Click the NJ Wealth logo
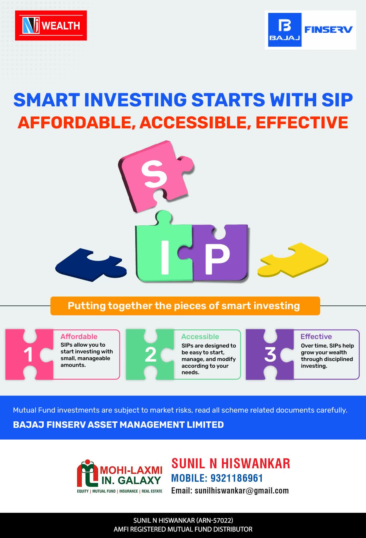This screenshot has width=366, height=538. point(51,25)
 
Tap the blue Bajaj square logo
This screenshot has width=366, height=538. point(285,30)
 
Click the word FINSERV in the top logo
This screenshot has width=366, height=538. point(328,29)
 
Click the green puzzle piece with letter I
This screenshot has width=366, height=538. point(164,249)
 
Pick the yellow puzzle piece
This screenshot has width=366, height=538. point(293,260)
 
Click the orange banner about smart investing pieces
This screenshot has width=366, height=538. point(185,306)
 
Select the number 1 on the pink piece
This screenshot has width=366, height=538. point(28,355)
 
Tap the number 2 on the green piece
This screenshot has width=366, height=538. point(150,355)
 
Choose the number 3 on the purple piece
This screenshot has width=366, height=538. point(270,354)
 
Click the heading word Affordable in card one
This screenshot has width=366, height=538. point(79,336)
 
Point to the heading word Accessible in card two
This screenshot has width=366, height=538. point(200,336)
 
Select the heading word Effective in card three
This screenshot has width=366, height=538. point(316,336)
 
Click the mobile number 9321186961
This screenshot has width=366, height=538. point(237,478)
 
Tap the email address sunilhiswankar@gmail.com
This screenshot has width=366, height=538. point(242,491)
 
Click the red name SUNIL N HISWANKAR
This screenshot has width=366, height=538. point(231,464)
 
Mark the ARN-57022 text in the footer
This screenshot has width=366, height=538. point(215,520)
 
